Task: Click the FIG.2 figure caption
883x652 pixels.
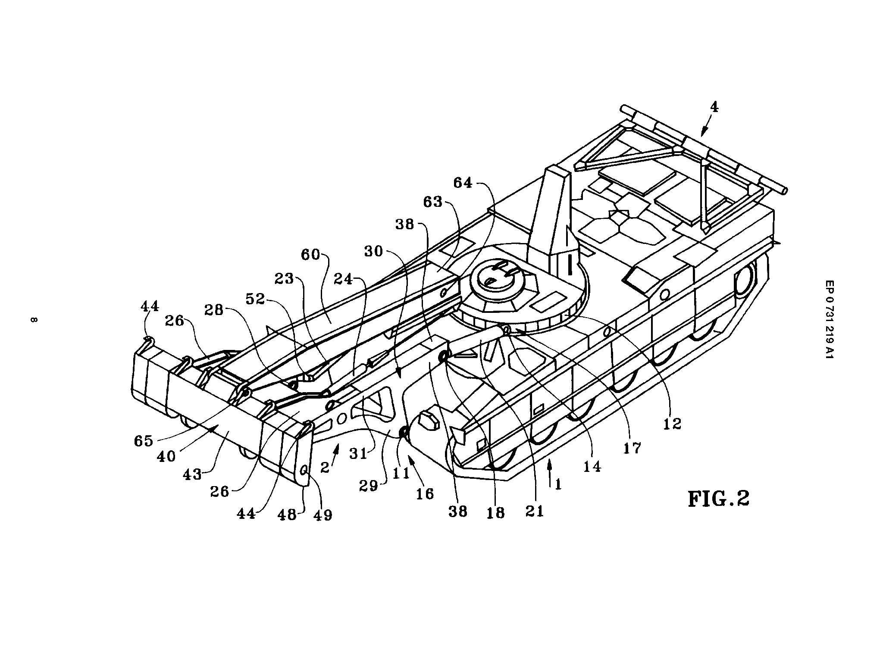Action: (718, 498)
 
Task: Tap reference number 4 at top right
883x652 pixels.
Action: (714, 107)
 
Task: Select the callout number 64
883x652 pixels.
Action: (462, 183)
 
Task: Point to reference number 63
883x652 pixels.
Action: (433, 201)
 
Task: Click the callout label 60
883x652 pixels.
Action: (310, 255)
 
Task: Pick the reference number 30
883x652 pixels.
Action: (373, 251)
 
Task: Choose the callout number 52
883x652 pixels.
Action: (255, 299)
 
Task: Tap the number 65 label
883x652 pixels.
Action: (143, 440)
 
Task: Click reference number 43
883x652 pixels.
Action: (192, 474)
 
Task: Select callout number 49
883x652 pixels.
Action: (323, 515)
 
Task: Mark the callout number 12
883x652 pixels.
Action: (672, 424)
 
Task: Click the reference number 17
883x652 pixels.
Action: (633, 448)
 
